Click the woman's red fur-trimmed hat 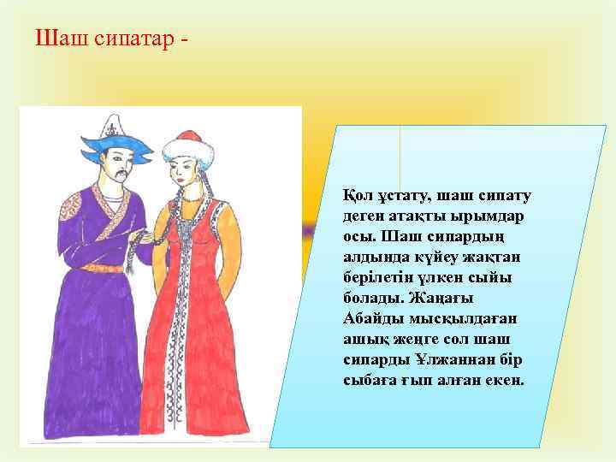click(x=184, y=147)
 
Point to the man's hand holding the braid click(x=152, y=240)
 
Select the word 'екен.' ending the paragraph click(x=502, y=379)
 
